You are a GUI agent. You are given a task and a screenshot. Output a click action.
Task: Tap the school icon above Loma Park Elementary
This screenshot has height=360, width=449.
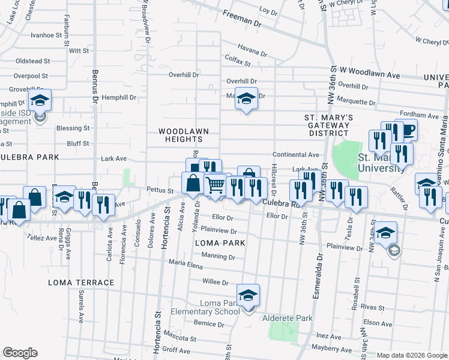point(247,295)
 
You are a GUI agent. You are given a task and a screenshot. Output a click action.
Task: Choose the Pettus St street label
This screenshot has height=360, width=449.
point(160,191)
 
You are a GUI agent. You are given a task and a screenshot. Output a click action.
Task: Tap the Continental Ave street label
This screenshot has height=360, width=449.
point(296,154)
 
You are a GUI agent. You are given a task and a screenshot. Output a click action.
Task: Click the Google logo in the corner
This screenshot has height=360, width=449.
point(20,353)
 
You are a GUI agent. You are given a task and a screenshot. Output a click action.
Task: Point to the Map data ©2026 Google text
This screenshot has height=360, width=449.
point(411,355)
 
